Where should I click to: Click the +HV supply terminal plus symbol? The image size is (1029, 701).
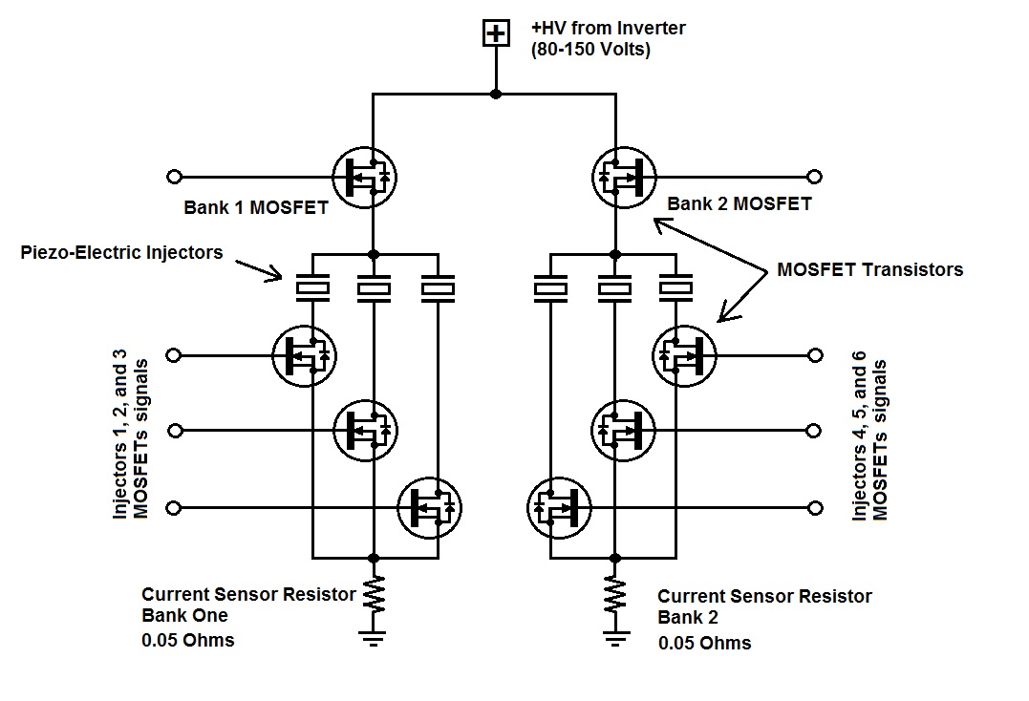pyautogui.click(x=495, y=34)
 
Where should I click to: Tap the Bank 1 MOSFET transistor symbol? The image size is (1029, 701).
pyautogui.click(x=364, y=177)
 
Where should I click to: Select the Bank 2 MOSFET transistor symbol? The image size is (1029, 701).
pyautogui.click(x=624, y=177)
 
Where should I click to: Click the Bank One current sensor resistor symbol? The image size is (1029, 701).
pyautogui.click(x=374, y=594)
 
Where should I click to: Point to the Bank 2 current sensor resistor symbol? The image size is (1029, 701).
pyautogui.click(x=614, y=594)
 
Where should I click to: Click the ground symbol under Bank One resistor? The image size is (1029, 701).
pyautogui.click(x=374, y=637)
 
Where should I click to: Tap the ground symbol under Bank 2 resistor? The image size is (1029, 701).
pyautogui.click(x=614, y=637)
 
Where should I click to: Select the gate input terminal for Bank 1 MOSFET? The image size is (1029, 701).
pyautogui.click(x=174, y=177)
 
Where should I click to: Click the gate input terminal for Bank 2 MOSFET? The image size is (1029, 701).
pyautogui.click(x=814, y=177)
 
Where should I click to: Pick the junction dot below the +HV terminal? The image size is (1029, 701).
pyautogui.click(x=495, y=94)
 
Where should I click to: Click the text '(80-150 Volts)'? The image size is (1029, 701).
pyautogui.click(x=590, y=50)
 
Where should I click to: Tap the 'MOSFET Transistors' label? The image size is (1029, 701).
pyautogui.click(x=869, y=269)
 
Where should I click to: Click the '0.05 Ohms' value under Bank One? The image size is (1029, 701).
pyautogui.click(x=187, y=640)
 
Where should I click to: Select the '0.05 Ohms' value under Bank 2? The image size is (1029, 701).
pyautogui.click(x=704, y=643)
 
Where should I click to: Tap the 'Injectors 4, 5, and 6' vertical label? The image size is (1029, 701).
pyautogui.click(x=861, y=439)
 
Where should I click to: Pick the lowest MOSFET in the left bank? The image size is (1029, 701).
pyautogui.click(x=430, y=507)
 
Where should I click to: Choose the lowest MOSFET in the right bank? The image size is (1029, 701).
pyautogui.click(x=559, y=507)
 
